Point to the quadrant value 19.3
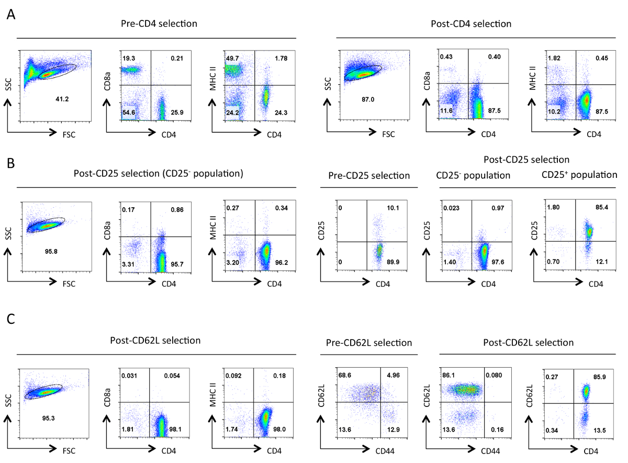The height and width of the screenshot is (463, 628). tap(129, 57)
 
